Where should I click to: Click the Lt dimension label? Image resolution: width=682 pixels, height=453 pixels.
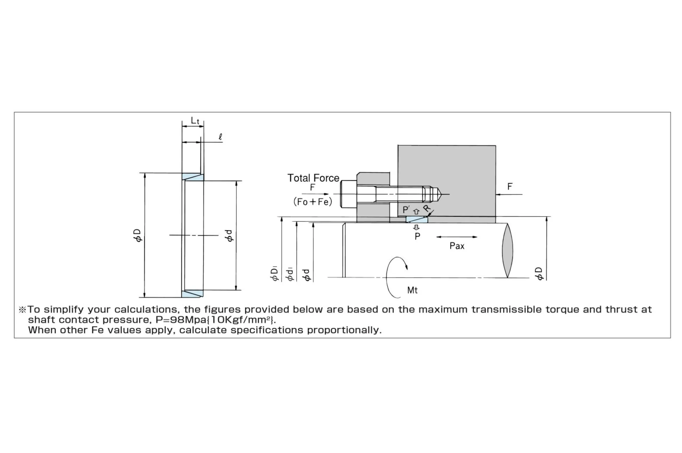pos(195,121)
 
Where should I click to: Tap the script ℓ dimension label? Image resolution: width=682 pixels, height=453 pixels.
pos(221,137)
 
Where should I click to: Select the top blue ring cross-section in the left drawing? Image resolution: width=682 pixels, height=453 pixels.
pos(193,177)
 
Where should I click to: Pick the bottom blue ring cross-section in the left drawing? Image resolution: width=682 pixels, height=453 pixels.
pos(192,294)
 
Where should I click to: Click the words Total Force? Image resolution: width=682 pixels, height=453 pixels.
pos(313,178)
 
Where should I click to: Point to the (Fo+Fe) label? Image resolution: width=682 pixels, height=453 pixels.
pos(313,202)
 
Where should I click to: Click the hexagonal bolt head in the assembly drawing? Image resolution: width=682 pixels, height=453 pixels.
pos(349,194)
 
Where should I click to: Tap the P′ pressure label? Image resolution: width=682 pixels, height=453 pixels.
pos(406,209)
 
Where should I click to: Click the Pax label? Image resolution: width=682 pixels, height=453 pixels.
pos(457,246)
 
